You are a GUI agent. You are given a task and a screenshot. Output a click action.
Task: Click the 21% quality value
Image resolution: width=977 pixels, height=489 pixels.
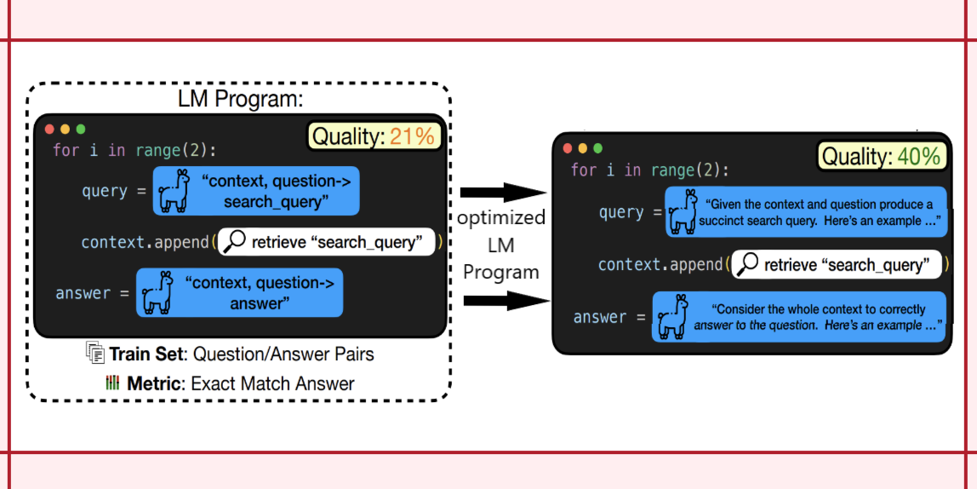(412, 136)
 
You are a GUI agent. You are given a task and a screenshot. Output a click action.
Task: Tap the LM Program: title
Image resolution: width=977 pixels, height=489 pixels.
(240, 98)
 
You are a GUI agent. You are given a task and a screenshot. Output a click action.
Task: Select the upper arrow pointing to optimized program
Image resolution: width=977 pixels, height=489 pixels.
(503, 192)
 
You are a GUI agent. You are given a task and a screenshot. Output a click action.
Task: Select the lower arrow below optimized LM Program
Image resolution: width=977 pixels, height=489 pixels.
(503, 300)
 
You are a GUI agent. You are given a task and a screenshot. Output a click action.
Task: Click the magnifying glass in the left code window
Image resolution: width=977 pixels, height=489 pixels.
(233, 242)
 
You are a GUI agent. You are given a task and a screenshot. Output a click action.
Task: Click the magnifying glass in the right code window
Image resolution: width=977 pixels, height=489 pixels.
(746, 265)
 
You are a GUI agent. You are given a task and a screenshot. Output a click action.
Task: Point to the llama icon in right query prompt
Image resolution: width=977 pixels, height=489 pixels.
(682, 211)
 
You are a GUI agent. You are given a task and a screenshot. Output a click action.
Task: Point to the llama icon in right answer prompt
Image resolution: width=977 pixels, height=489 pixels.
(671, 317)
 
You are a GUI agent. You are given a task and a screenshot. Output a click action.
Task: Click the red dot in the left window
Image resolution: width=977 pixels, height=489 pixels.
(49, 129)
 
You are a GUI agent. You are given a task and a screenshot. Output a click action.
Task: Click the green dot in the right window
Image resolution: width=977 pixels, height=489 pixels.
(597, 148)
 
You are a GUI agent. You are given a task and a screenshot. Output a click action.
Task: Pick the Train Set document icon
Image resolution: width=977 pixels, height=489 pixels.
(94, 353)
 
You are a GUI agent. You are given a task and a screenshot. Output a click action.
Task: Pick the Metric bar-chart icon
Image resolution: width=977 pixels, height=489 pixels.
(112, 383)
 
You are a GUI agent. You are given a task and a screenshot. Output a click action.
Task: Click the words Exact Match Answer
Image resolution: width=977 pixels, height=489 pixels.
(272, 383)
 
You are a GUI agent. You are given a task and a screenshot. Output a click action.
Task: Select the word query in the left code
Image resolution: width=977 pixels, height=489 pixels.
(104, 192)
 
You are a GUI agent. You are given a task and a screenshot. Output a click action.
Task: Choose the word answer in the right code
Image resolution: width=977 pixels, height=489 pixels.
(600, 317)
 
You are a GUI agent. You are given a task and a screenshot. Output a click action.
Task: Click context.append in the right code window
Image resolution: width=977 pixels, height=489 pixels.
(660, 265)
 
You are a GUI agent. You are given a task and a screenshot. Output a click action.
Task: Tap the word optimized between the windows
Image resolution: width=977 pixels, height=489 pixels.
(501, 218)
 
